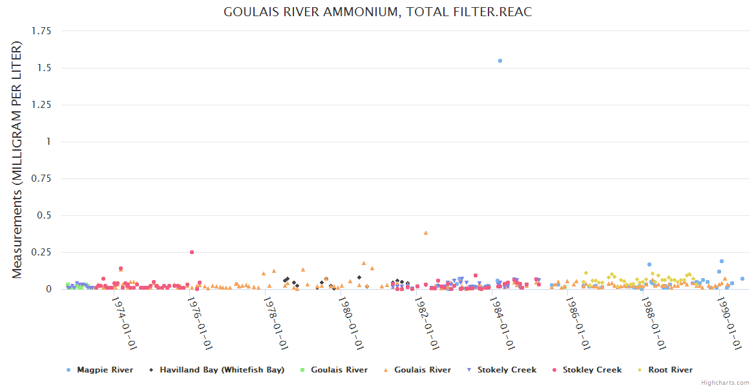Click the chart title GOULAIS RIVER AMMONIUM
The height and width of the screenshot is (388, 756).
[377, 12]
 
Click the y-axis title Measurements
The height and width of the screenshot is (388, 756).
[17, 160]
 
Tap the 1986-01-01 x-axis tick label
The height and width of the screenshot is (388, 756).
[578, 323]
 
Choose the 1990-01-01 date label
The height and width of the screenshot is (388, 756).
[729, 323]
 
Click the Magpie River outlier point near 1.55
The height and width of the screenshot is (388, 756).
[500, 61]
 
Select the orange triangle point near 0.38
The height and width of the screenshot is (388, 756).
[426, 233]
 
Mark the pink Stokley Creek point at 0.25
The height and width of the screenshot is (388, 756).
[192, 252]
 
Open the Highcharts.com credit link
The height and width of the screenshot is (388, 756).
[725, 383]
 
